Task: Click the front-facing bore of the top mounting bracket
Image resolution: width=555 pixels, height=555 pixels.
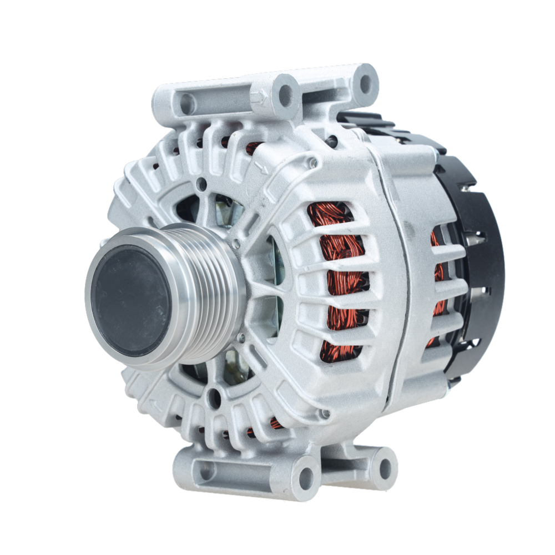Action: tap(286, 95)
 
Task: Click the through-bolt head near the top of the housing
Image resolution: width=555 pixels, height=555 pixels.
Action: tap(313, 163)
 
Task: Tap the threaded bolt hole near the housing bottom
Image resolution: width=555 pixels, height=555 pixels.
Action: tap(325, 413)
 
